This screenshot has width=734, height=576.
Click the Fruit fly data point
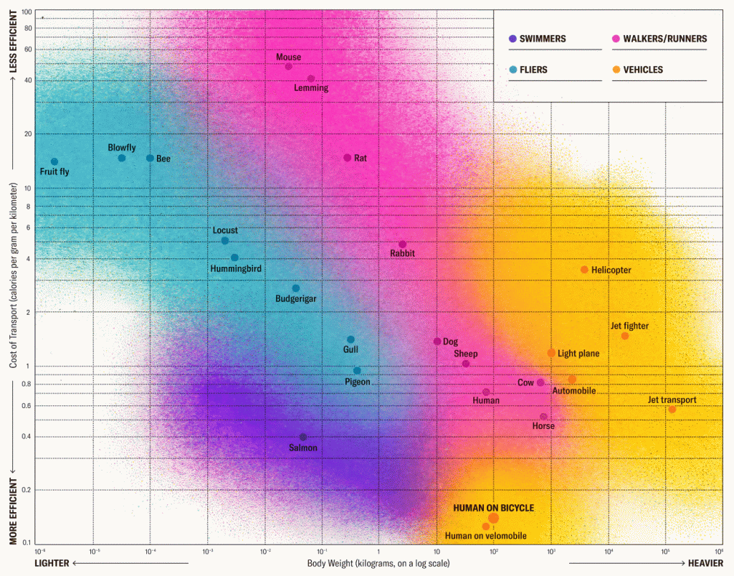coord(54,161)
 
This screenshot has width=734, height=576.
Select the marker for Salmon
coord(302,437)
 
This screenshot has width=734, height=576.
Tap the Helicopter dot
coord(584,270)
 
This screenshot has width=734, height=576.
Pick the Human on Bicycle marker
coord(493,518)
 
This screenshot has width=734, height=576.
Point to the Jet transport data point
coord(672,410)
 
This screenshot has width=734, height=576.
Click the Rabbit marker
coord(402,245)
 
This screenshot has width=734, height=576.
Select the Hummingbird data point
coord(234,258)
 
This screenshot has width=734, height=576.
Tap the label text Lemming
coord(311,88)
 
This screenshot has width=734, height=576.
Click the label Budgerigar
coord(295,298)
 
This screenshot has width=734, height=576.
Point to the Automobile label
coord(573,391)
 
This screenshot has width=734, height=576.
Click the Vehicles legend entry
coord(643,70)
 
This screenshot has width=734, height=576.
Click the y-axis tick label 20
coord(27,134)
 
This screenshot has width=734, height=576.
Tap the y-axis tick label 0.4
coord(27,437)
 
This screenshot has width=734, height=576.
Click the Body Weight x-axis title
coord(378,563)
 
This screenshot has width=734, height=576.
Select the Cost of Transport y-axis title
coord(14,275)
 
